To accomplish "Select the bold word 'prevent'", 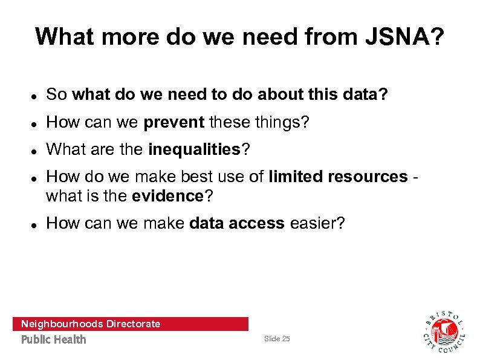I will pos(174,123).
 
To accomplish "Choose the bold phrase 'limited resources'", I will pos(338,177).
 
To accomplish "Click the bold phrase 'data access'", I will pos(236,223).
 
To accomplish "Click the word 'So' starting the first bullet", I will pos(56,94).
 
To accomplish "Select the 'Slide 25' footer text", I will pos(277,339).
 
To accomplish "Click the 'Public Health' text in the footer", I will pos(54,339).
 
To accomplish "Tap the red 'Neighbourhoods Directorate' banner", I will pos(130,324).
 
